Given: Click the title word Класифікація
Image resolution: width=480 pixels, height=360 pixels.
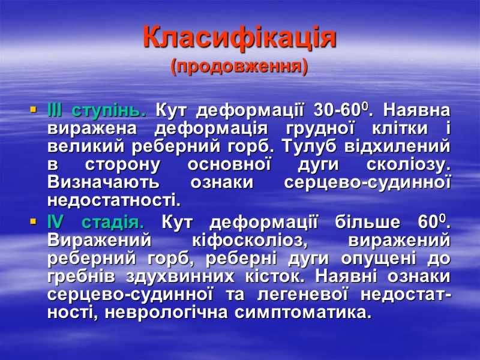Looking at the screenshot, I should (239, 38).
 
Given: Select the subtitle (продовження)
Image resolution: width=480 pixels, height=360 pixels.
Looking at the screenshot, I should (239, 66).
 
